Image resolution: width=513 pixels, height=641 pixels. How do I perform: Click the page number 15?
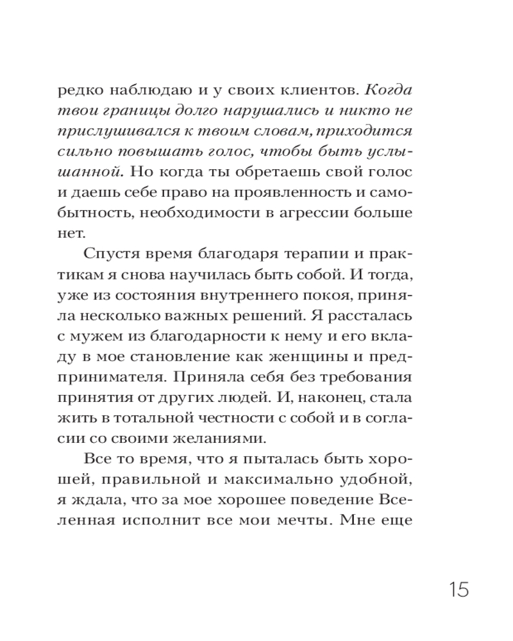[x=458, y=588]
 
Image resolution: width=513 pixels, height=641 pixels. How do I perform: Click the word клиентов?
[x=298, y=88]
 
